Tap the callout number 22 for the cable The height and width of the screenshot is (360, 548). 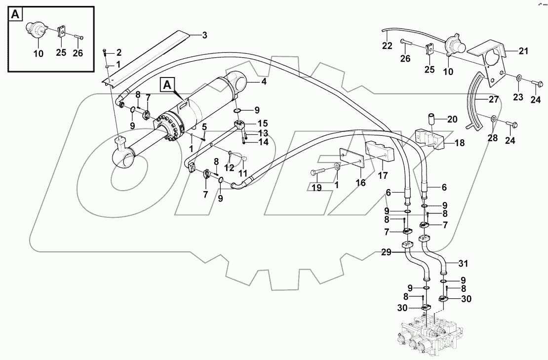(388, 46)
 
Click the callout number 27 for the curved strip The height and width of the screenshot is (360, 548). (494, 99)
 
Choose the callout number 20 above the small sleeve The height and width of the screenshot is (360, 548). (453, 119)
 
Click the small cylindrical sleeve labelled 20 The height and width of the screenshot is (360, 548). (432, 119)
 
